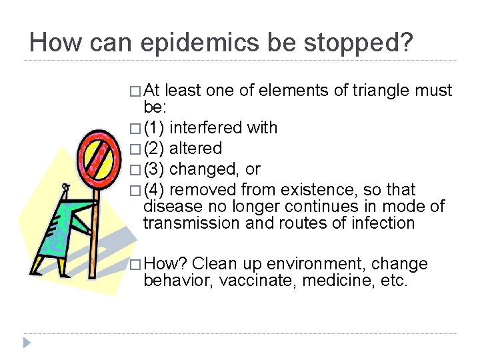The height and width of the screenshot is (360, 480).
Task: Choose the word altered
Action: [196, 148]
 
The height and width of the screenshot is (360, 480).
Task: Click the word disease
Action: [169, 207]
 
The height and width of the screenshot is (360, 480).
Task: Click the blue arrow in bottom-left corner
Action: [27, 343]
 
